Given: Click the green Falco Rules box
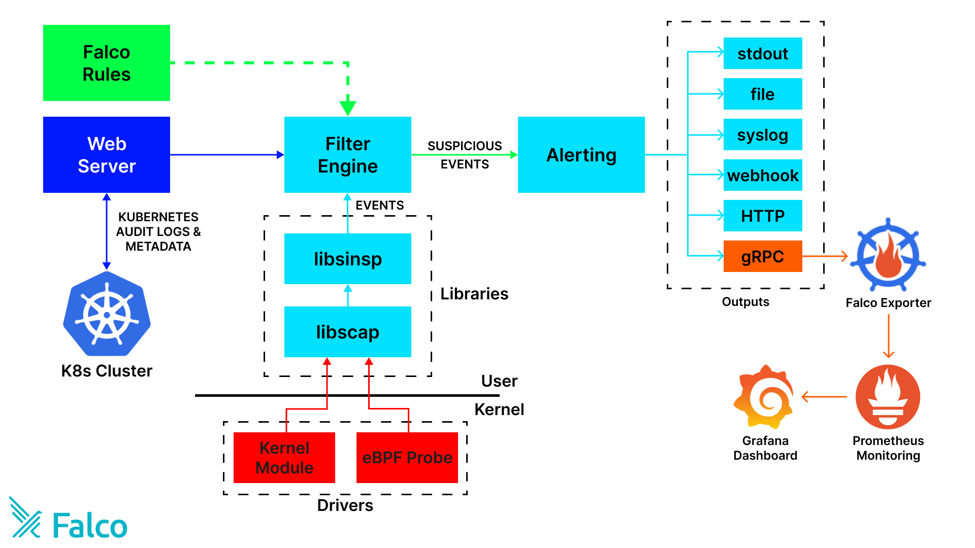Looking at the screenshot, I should [107, 63].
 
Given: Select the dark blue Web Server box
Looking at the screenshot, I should [107, 155].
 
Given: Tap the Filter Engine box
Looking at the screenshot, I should [347, 155].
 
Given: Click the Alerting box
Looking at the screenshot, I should [581, 155].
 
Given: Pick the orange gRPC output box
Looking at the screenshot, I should [762, 256].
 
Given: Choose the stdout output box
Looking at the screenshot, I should [762, 53].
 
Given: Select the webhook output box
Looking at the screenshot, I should [762, 175].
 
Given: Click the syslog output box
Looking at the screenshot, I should [762, 134].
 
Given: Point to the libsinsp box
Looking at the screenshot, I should [347, 259].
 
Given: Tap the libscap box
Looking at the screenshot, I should [347, 332].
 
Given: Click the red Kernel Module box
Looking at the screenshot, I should [284, 457].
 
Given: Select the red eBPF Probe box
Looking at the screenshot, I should [407, 457].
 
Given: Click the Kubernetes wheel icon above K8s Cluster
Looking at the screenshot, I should [107, 314].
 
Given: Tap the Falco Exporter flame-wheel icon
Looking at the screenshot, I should [888, 255].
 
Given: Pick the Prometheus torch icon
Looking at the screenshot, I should [888, 397].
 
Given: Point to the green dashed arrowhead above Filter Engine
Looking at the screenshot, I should [347, 108].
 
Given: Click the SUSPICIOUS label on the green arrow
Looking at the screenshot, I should [464, 146].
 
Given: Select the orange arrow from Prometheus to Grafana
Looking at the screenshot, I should [824, 397].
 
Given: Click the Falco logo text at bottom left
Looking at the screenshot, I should [89, 526].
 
